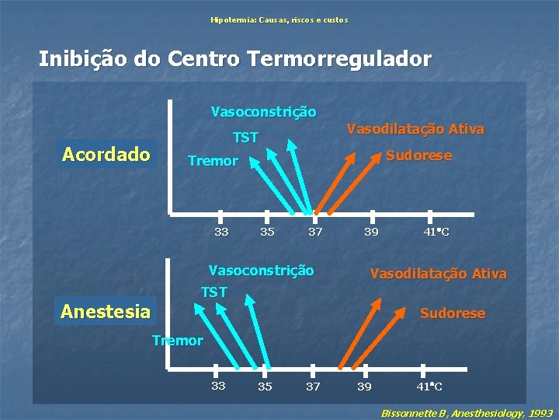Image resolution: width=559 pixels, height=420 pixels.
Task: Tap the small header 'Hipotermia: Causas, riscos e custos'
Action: click(279, 19)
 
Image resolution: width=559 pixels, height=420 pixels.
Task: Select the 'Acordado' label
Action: click(106, 154)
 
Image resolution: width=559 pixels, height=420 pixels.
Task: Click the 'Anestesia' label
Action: click(106, 312)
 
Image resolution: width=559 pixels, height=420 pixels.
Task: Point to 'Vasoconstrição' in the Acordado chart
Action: click(264, 112)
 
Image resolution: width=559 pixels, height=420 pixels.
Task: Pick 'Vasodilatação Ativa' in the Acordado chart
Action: click(415, 128)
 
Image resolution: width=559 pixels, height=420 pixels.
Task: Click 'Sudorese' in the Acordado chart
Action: click(419, 156)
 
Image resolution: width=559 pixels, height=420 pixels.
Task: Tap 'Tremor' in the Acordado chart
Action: click(213, 161)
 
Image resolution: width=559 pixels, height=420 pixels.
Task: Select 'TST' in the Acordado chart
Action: click(245, 138)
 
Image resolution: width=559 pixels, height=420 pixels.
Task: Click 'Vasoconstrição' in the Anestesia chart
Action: click(262, 271)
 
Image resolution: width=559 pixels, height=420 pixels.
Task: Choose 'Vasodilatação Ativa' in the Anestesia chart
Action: click(439, 274)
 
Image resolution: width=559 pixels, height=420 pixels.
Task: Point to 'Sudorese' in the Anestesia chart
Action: click(453, 313)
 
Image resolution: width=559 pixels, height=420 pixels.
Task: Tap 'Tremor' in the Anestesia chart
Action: click(178, 340)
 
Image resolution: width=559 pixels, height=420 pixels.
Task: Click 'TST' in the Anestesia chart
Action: click(214, 292)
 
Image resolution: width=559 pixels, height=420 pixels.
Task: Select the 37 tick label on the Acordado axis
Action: click(315, 232)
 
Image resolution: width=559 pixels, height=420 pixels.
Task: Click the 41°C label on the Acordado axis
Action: click(436, 232)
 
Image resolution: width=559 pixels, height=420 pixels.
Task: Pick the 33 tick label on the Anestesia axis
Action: click(219, 385)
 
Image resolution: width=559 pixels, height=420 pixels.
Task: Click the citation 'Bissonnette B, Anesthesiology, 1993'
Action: click(467, 412)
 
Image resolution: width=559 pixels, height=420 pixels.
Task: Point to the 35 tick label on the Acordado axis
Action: click(267, 232)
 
